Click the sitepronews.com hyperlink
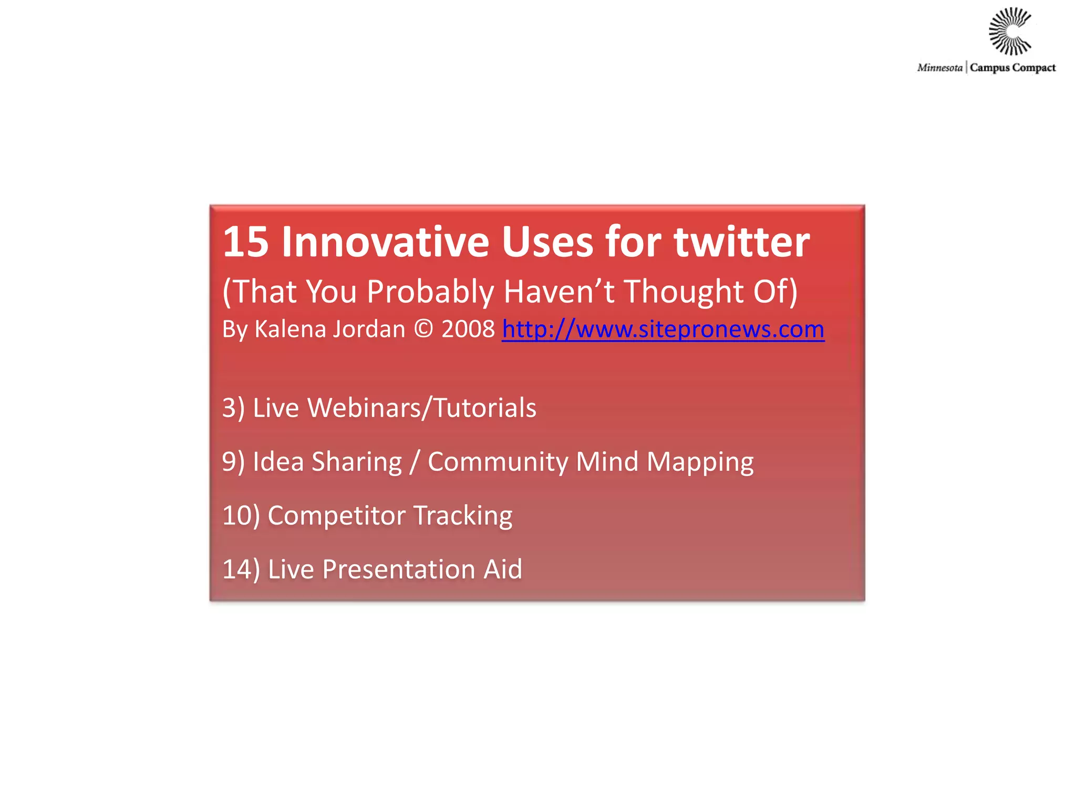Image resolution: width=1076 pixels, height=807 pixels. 663,330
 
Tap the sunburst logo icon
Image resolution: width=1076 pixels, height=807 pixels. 1009,32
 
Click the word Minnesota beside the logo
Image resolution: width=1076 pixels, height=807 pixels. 939,68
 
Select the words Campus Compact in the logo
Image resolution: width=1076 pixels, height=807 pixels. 1012,68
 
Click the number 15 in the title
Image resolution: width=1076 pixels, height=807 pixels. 245,242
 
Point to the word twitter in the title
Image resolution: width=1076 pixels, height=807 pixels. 741,242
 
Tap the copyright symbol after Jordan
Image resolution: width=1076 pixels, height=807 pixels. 423,330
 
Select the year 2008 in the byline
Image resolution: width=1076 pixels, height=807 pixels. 468,330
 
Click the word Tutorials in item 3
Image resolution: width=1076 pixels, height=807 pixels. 484,408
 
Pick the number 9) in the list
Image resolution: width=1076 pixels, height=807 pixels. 233,462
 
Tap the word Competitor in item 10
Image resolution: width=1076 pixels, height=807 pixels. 336,516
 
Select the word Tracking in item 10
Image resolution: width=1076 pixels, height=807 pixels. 463,516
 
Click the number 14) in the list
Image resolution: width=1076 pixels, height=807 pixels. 241,570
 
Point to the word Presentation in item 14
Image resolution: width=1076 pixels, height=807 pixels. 399,570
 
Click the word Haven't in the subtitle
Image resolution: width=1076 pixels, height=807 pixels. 558,292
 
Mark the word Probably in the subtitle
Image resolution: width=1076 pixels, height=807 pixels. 430,293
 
